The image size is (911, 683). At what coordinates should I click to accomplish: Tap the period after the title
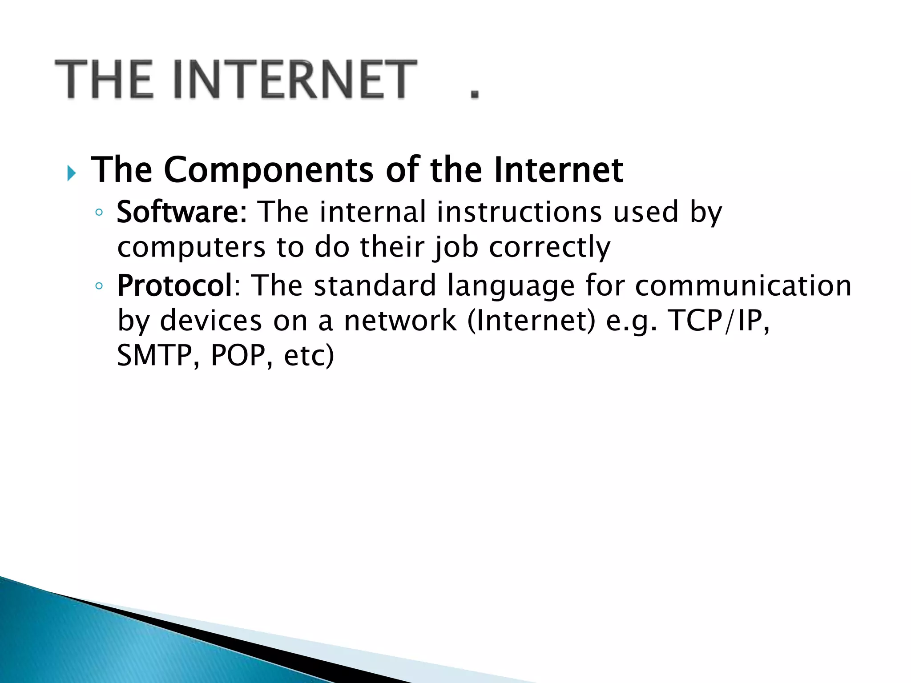click(475, 93)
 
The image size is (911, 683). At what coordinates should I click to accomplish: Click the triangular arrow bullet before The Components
click(72, 173)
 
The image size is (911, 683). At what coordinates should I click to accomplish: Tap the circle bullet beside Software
click(99, 213)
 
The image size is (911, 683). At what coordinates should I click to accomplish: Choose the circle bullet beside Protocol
click(99, 286)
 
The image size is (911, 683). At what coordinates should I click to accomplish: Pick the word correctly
click(549, 247)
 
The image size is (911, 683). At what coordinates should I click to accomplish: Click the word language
click(511, 286)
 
